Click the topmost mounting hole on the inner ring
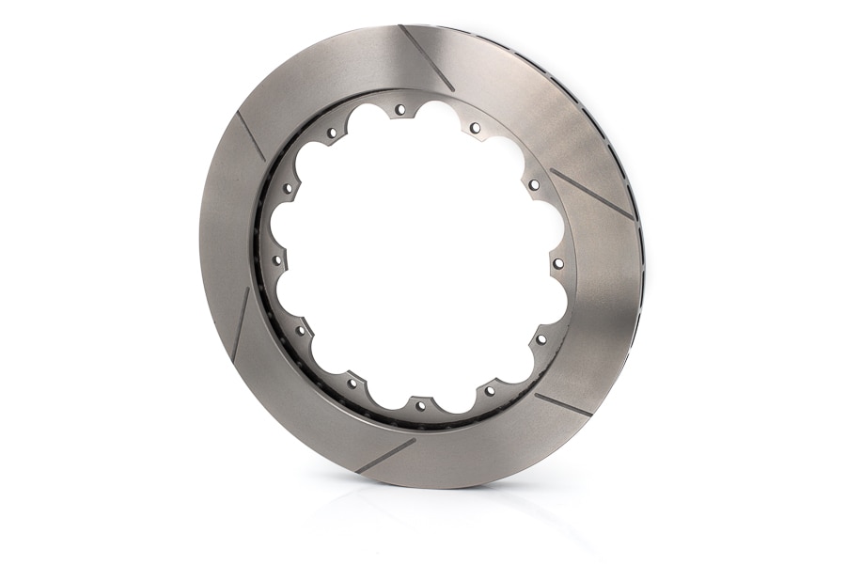[x=400, y=110]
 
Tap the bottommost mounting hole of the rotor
[x=420, y=406]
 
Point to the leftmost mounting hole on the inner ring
[x=277, y=260]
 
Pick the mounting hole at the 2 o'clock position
[x=533, y=185]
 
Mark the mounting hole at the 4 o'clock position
[x=541, y=338]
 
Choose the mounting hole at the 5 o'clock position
[x=490, y=389]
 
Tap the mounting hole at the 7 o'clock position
[x=352, y=383]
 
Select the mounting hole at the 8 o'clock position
[x=301, y=329]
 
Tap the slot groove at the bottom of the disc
[x=385, y=455]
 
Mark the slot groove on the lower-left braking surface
[x=241, y=325]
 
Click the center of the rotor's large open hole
[x=417, y=258]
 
